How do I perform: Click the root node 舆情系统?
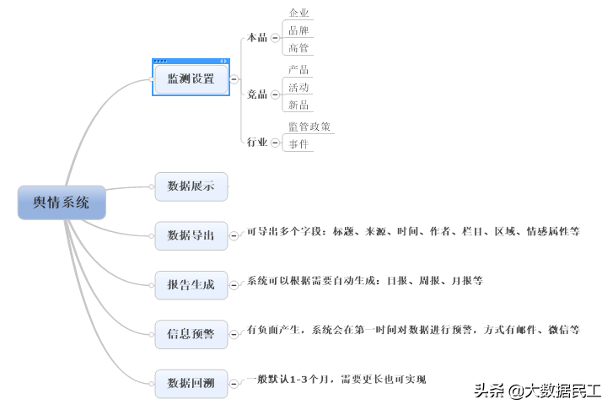62,202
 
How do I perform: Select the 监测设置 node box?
191,79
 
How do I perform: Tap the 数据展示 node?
191,186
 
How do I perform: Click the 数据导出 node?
191,235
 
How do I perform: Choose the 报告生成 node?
191,285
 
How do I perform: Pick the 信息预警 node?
191,334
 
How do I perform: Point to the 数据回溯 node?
191,384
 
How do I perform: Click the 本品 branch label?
256,38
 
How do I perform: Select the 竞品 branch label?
256,94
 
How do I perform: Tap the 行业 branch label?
256,143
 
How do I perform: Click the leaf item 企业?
298,13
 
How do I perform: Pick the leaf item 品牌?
298,30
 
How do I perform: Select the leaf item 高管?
298,48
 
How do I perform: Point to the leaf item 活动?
298,87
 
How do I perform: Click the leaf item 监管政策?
309,127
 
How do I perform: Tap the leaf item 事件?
298,144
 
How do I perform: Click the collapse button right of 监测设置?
234,79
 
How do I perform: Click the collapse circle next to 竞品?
275,94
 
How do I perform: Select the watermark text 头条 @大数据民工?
537,391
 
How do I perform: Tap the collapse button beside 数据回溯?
234,384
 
